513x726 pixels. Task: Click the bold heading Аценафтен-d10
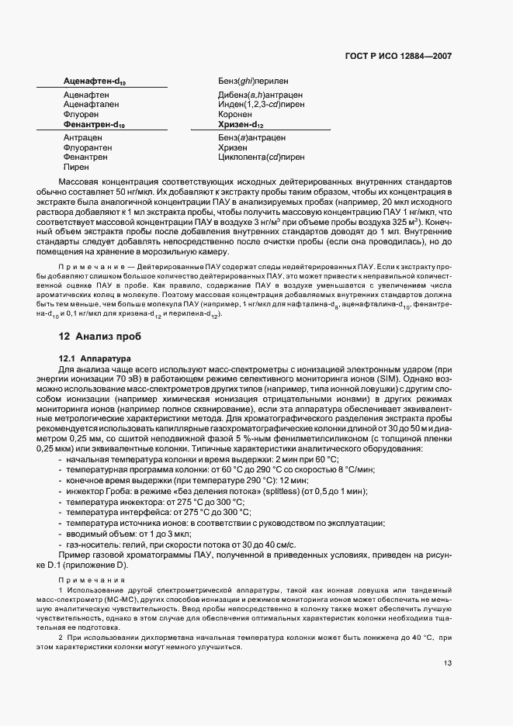click(x=94, y=81)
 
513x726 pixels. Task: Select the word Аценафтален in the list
click(x=90, y=105)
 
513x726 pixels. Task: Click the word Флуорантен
click(x=88, y=147)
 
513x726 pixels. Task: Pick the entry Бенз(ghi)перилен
click(x=255, y=81)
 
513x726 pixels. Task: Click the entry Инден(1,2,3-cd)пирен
click(x=262, y=105)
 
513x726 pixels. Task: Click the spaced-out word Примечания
click(x=96, y=579)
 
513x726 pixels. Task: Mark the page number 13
click(x=448, y=663)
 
